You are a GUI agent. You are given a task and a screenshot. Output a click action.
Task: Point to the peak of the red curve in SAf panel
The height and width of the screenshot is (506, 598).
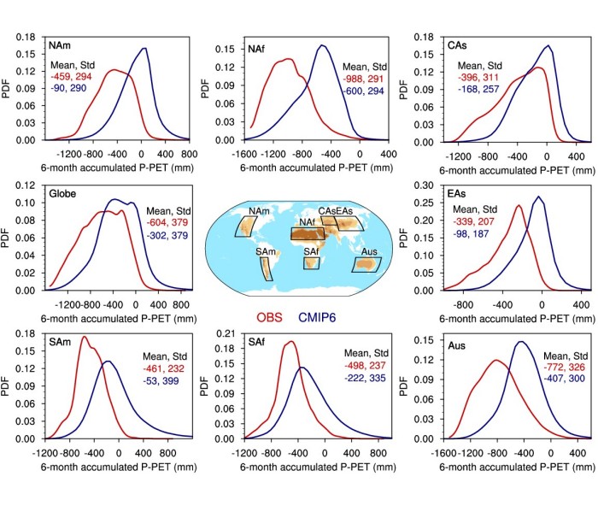(x=290, y=342)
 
